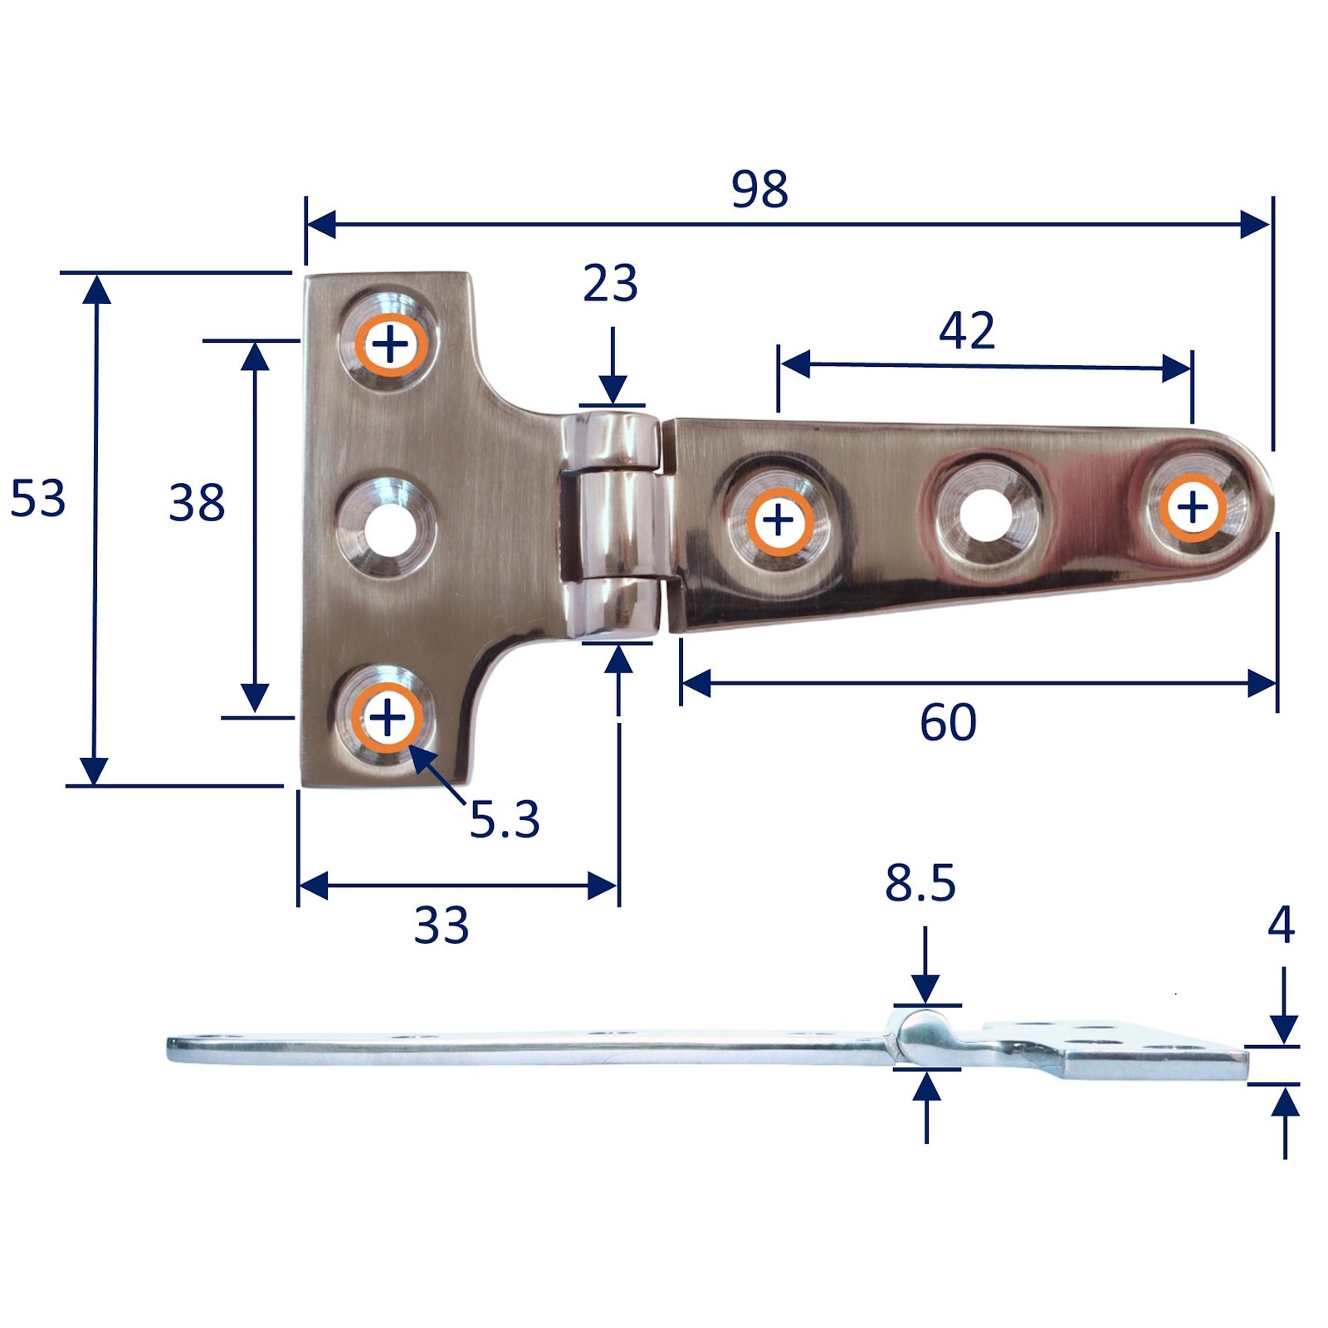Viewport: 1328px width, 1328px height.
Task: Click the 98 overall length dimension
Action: pyautogui.click(x=759, y=189)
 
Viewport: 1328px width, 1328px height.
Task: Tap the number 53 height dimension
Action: pyautogui.click(x=37, y=499)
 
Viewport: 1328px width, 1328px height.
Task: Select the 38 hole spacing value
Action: pyautogui.click(x=197, y=503)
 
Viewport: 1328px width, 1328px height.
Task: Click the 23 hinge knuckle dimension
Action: pyautogui.click(x=610, y=283)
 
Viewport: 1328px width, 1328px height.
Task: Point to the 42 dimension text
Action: pyautogui.click(x=966, y=330)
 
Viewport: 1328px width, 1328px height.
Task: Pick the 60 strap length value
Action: pyautogui.click(x=948, y=722)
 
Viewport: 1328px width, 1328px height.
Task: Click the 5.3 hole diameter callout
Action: pyautogui.click(x=504, y=820)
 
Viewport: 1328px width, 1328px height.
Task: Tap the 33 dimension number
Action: pyautogui.click(x=441, y=925)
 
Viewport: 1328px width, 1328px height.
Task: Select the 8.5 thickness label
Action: pyautogui.click(x=920, y=883)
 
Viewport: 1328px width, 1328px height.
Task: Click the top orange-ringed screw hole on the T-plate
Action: pyautogui.click(x=391, y=344)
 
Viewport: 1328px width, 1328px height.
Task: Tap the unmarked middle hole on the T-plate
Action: pyautogui.click(x=386, y=528)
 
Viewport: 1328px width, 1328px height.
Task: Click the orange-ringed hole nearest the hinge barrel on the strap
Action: pyautogui.click(x=779, y=520)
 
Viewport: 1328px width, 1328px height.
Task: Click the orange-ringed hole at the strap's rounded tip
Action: pyautogui.click(x=1193, y=506)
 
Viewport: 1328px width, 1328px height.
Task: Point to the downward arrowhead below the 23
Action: pyautogui.click(x=613, y=389)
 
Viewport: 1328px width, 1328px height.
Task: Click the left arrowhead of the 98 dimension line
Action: pyautogui.click(x=320, y=224)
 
